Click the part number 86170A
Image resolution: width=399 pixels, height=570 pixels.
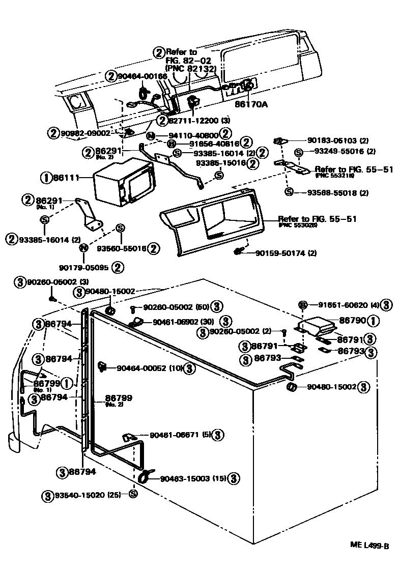[x=251, y=104]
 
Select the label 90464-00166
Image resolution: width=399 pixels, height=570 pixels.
[x=142, y=76]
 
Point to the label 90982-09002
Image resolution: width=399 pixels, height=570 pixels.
[x=85, y=133]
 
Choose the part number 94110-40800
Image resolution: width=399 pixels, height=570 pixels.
[x=187, y=135]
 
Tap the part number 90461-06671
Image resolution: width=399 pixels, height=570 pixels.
[x=173, y=435]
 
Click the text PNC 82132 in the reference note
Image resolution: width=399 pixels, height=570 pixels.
[x=191, y=68]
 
